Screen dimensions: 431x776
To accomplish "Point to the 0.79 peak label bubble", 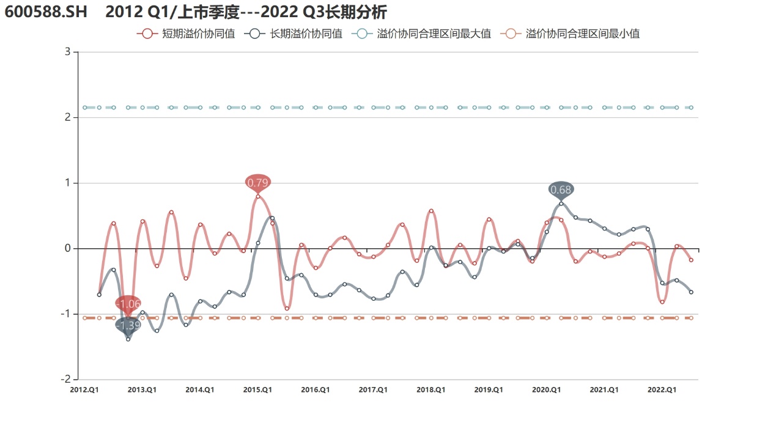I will click(x=258, y=182).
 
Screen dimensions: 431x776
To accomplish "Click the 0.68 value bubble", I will click(x=561, y=190).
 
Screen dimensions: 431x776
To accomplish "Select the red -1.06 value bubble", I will click(x=128, y=303).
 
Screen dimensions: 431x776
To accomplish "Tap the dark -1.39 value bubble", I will click(x=128, y=326).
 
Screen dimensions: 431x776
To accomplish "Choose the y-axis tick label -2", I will click(x=66, y=380).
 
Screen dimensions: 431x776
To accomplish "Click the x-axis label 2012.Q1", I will click(x=84, y=390).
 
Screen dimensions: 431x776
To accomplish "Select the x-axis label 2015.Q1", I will click(x=257, y=390).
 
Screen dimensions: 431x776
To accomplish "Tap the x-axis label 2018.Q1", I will click(x=430, y=390).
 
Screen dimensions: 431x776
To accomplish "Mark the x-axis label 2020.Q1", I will click(x=546, y=390).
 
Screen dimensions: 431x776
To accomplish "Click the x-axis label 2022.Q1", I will click(x=662, y=390).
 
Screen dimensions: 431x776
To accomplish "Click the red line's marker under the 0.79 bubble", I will click(x=258, y=196).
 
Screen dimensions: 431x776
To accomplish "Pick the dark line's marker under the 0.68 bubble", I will click(x=561, y=204).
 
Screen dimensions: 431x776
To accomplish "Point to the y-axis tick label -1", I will click(x=66, y=314).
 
